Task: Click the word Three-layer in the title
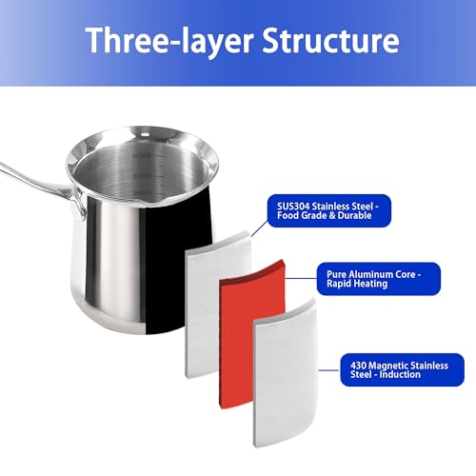pyautogui.click(x=169, y=41)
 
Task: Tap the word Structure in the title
pyautogui.click(x=330, y=40)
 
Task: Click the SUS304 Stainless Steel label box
pyautogui.click(x=329, y=210)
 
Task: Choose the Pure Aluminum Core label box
pyautogui.click(x=379, y=279)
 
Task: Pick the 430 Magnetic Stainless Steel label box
pyautogui.click(x=402, y=369)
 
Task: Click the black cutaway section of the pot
pyautogui.click(x=178, y=264)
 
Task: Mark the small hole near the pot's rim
pyautogui.click(x=145, y=135)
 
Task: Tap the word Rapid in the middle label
pyautogui.click(x=339, y=284)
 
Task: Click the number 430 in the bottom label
pyautogui.click(x=358, y=366)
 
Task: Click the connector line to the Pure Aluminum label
pyautogui.click(x=301, y=278)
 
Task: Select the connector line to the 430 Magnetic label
pyautogui.click(x=329, y=370)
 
